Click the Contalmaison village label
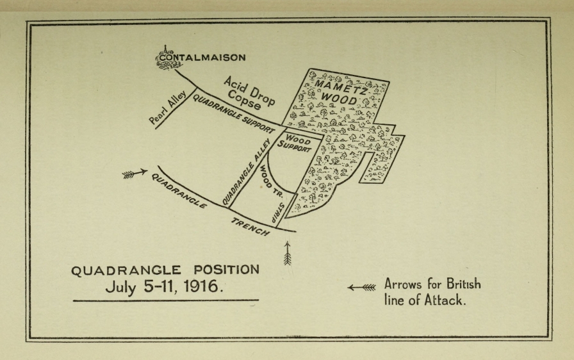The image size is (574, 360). pos(202,58)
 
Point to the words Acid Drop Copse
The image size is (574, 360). pos(252,94)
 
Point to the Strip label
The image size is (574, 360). pos(279,211)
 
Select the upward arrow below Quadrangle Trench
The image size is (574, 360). pos(287,253)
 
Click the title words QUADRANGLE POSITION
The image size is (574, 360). pos(165,270)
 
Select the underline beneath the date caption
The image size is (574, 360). pos(165,300)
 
